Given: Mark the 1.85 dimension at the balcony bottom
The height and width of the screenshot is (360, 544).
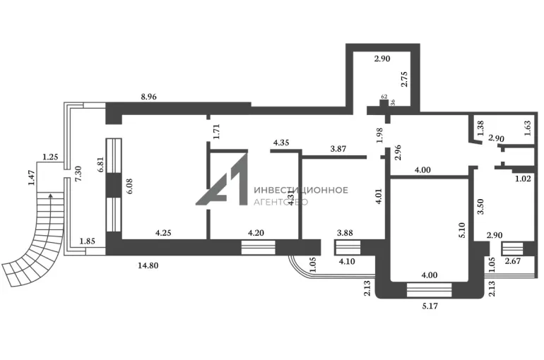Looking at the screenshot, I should click(x=88, y=241).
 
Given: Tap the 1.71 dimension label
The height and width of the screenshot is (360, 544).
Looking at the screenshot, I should click(x=217, y=130).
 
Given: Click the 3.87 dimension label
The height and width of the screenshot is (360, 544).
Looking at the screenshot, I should click(x=343, y=149).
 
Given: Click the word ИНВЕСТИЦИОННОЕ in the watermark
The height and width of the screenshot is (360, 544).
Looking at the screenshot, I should click(x=300, y=190).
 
